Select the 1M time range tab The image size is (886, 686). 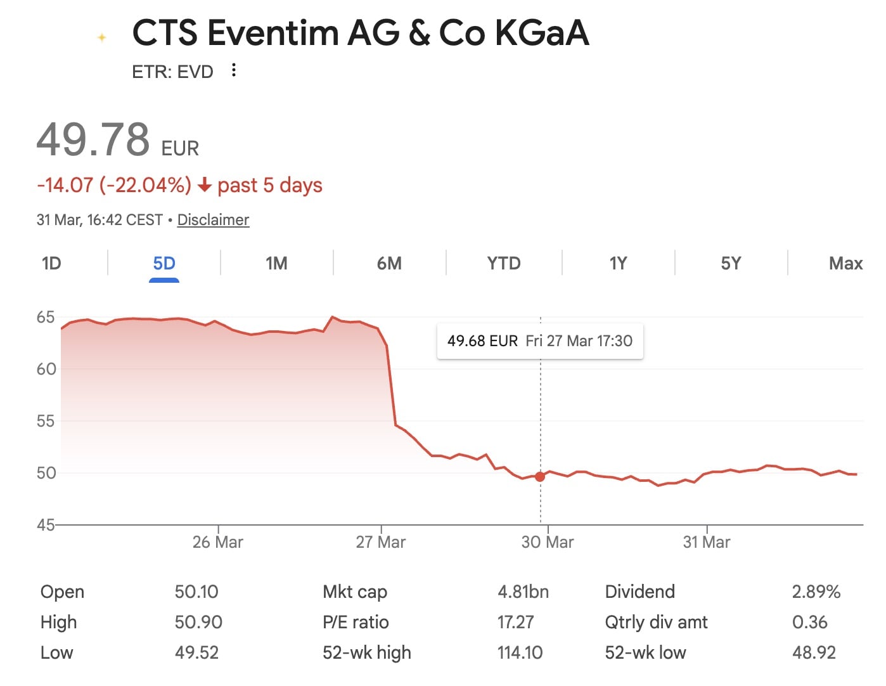(x=276, y=263)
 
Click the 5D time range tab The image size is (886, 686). (x=164, y=263)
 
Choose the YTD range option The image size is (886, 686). (x=504, y=263)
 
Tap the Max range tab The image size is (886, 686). (x=845, y=263)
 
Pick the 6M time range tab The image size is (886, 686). (x=389, y=263)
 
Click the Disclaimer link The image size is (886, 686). (x=213, y=220)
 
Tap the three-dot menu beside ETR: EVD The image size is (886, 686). (x=234, y=70)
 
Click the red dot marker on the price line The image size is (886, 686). (x=540, y=477)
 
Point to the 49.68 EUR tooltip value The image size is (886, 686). (x=482, y=341)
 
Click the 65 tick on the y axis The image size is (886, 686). (x=46, y=317)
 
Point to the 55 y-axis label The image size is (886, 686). (x=46, y=421)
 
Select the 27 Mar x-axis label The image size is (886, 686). (x=380, y=542)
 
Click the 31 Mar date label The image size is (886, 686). (x=707, y=542)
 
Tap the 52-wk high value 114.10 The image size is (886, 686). (x=520, y=652)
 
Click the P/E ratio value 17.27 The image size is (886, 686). (x=515, y=622)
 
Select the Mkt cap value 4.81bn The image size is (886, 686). (x=523, y=592)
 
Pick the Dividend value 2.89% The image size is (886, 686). (x=816, y=592)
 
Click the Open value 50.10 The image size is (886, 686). (x=196, y=592)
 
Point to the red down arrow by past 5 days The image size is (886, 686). (x=204, y=185)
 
